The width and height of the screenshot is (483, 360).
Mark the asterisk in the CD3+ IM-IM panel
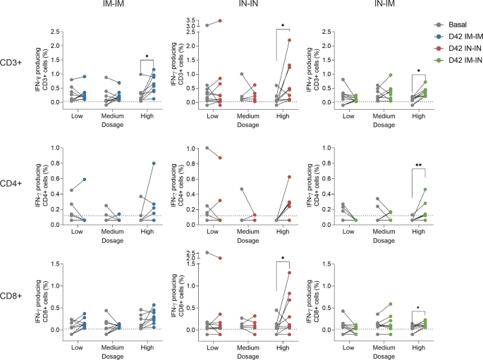click(147, 56)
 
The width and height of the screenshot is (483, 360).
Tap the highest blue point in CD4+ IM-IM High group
click(154, 163)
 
